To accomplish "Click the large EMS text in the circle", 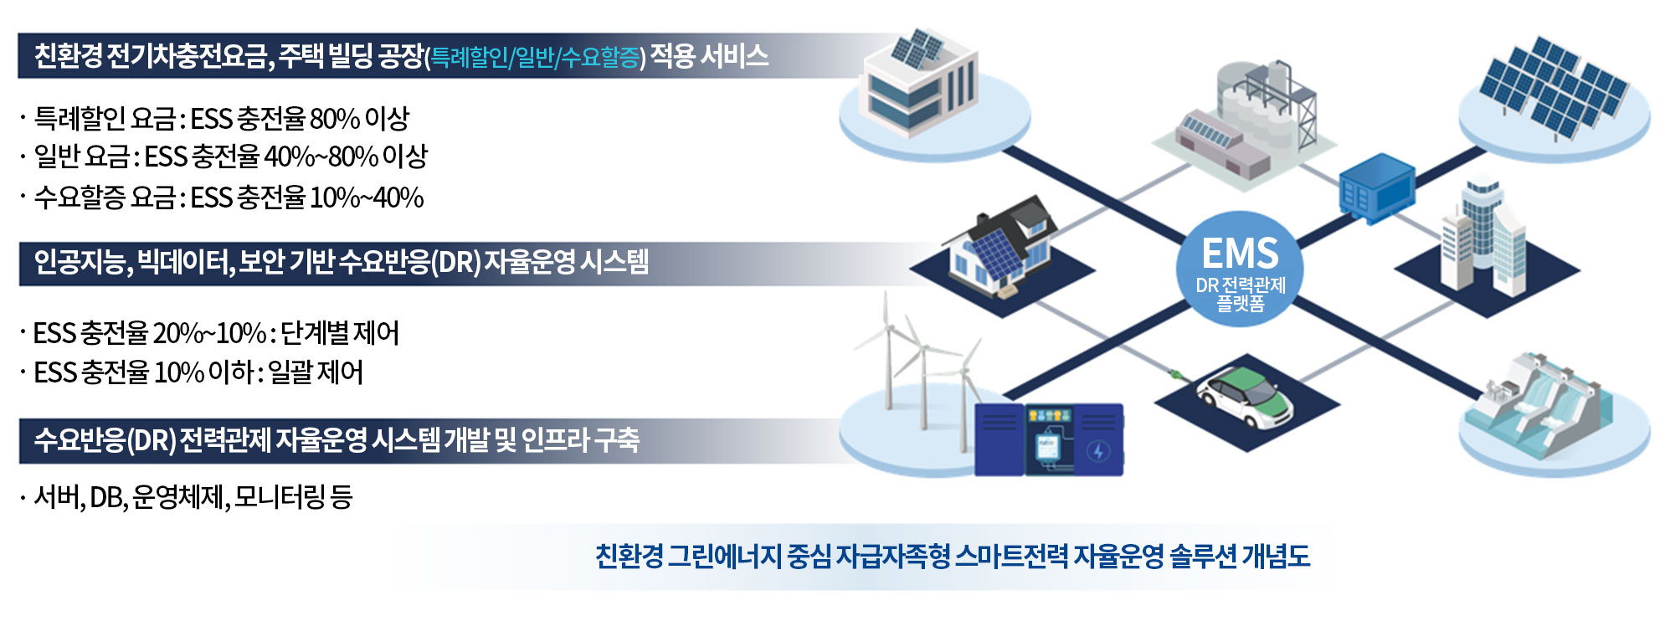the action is coord(1240,253).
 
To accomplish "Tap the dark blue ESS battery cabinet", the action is coord(1048,439).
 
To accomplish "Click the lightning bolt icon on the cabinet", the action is coord(1098,452).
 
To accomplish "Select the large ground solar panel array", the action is coord(1553,87).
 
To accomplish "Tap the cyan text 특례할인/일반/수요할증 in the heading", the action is coord(535,57).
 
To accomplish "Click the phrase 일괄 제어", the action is coord(316,372).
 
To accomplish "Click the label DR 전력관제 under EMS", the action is coord(1240,285).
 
